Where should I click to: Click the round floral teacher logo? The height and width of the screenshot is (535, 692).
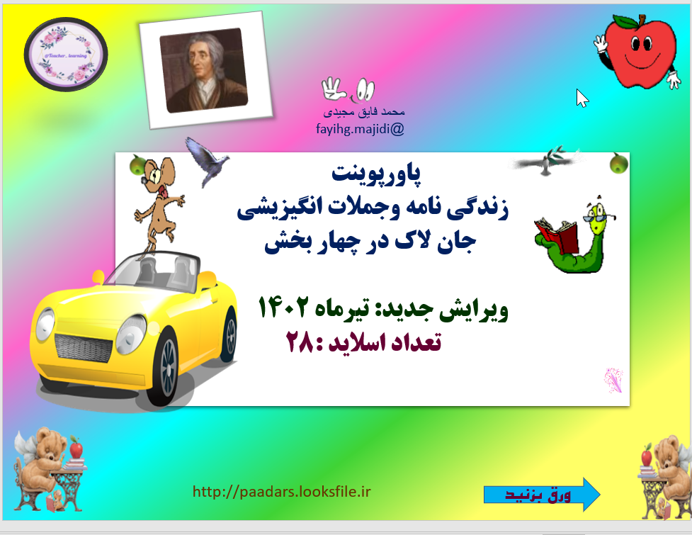point(66,55)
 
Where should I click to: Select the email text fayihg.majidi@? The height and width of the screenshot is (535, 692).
point(360,129)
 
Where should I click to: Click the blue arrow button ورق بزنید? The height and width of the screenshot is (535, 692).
point(543,494)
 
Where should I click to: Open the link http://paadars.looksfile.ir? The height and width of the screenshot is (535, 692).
point(282,491)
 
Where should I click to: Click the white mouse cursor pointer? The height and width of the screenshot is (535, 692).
point(582,98)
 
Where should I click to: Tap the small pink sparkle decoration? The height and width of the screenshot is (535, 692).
point(613,380)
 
